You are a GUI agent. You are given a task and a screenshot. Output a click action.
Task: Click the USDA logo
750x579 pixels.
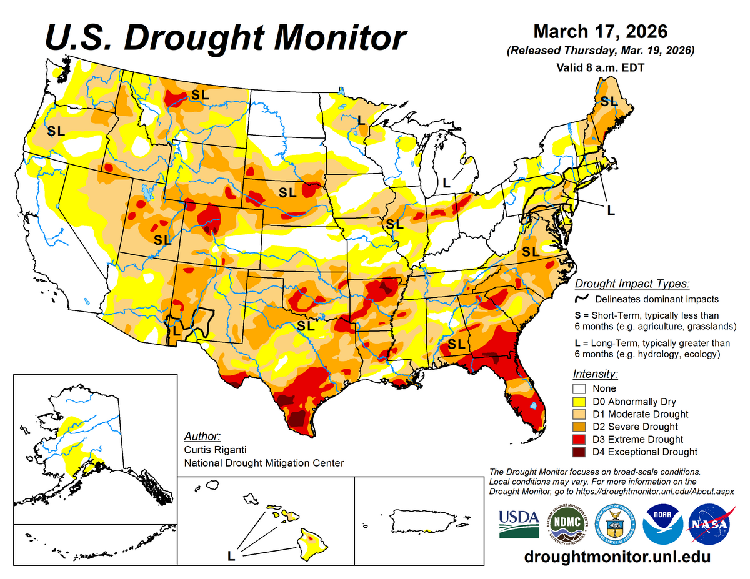[x=519, y=523]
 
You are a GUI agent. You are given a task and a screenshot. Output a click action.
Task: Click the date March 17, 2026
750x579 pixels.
[x=601, y=31]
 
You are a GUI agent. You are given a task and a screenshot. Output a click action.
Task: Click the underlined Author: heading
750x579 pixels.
[x=202, y=436]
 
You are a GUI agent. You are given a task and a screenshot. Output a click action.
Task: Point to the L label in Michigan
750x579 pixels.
[x=445, y=183]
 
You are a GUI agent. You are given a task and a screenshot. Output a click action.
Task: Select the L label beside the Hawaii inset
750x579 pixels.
[x=232, y=555]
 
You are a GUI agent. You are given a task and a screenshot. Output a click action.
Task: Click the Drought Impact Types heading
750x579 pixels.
[x=632, y=284]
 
